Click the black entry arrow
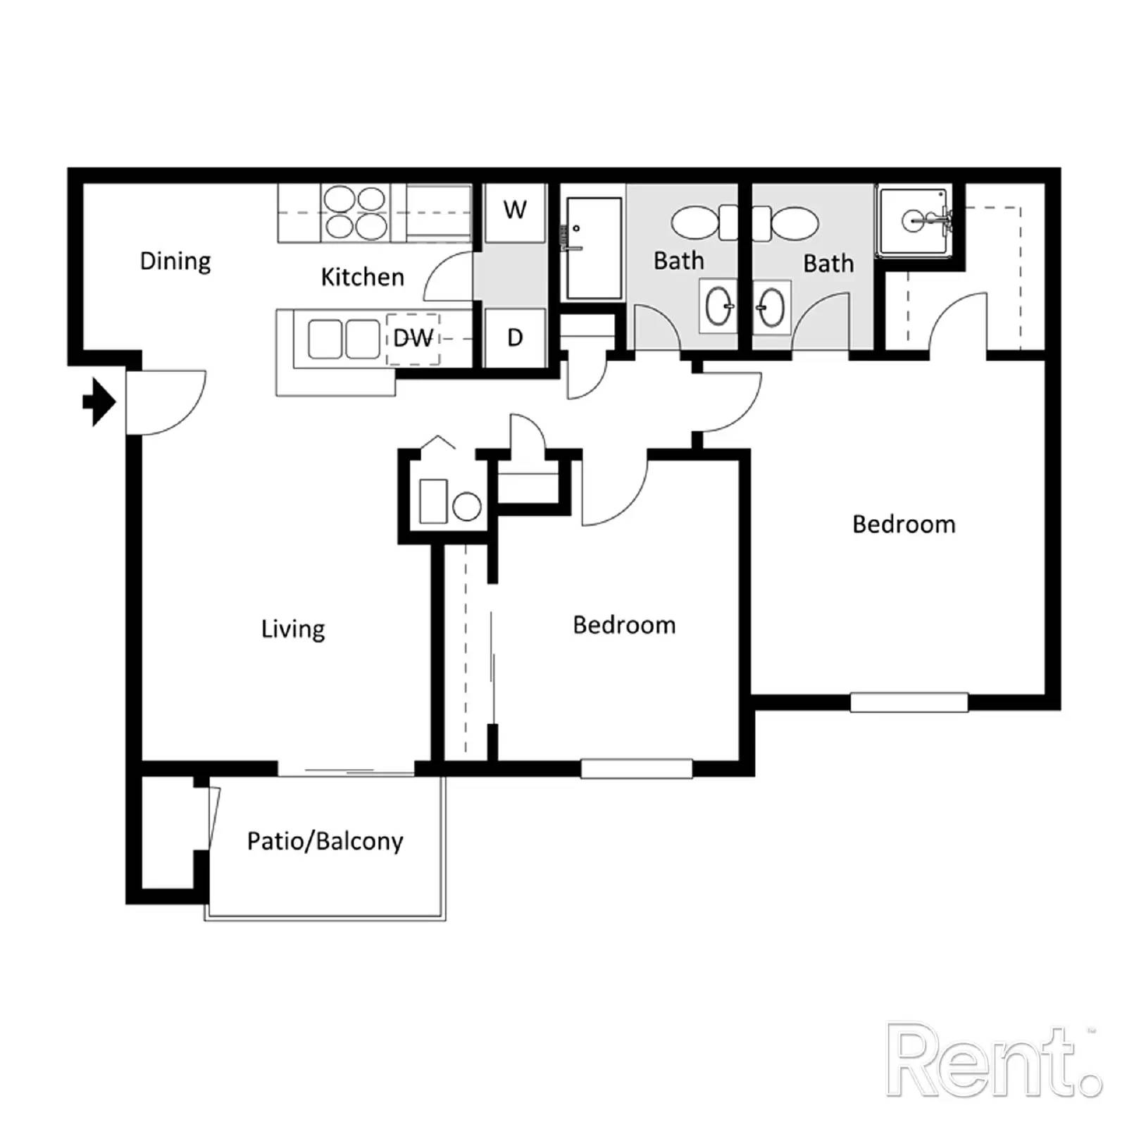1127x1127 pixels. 99,402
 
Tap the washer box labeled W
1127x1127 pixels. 515,211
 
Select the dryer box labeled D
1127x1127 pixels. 515,337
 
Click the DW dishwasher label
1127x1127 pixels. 413,339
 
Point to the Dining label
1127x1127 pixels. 175,261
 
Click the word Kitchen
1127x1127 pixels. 363,278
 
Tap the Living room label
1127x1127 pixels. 293,628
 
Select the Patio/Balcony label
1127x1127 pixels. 325,841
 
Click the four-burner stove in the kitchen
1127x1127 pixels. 355,213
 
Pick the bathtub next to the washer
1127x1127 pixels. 594,248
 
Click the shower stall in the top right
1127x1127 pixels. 913,221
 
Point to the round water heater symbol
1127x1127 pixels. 466,506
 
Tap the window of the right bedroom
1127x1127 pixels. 909,702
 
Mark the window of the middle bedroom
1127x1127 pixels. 636,768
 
